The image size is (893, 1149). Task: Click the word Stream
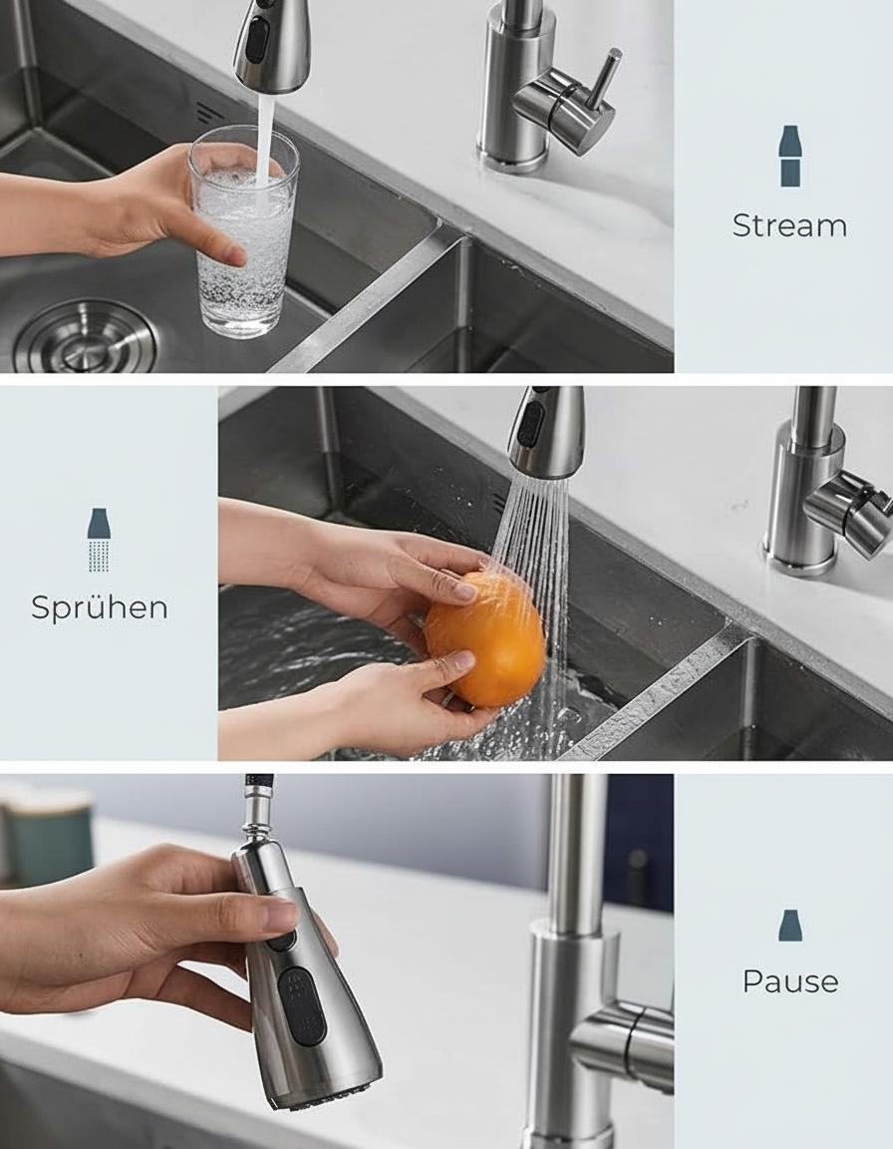(x=789, y=225)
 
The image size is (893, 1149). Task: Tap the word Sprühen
(x=99, y=607)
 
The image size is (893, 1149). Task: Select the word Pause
(x=789, y=981)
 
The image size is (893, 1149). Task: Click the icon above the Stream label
(x=789, y=156)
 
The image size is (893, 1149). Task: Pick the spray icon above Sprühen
(x=99, y=540)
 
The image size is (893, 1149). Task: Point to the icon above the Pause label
(x=789, y=926)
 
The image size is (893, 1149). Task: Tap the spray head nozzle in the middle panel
(x=544, y=433)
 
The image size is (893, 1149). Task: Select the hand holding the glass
(x=169, y=204)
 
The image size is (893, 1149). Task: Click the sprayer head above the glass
(x=270, y=45)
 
